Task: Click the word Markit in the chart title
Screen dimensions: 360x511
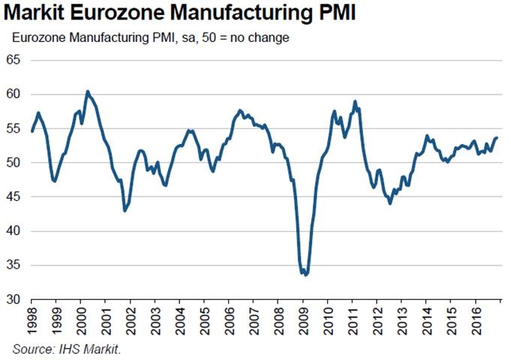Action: tap(35, 14)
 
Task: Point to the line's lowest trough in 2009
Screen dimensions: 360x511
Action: tap(306, 275)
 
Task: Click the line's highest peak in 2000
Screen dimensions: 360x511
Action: tap(88, 91)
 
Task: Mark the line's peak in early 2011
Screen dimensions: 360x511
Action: tap(355, 101)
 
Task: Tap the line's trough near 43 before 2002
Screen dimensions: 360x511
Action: tap(125, 211)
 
